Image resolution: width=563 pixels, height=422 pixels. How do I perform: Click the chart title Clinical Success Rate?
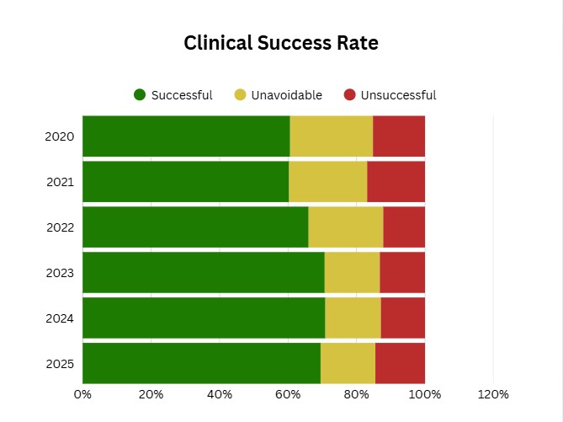click(x=281, y=44)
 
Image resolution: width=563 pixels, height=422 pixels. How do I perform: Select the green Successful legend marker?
click(x=140, y=95)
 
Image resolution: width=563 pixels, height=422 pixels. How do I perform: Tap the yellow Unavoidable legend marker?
click(x=240, y=95)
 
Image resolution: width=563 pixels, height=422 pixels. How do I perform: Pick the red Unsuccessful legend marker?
click(x=350, y=95)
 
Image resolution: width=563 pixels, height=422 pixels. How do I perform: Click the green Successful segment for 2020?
click(x=186, y=136)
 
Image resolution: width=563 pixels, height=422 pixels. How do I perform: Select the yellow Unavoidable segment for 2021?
click(x=327, y=182)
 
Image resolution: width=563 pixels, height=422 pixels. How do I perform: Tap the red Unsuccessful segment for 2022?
click(x=404, y=227)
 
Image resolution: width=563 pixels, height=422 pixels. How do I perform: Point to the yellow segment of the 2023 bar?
click(x=352, y=273)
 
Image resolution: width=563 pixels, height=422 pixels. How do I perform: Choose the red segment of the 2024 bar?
click(x=402, y=318)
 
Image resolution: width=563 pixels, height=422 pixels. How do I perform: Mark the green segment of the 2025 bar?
click(x=201, y=364)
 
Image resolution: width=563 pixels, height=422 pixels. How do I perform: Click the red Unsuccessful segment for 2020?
click(x=399, y=136)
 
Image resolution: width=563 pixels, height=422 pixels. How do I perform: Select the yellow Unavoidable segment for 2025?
click(x=348, y=364)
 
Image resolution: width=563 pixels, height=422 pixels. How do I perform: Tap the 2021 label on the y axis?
click(x=60, y=182)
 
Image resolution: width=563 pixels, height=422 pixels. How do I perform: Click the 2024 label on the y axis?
click(x=60, y=318)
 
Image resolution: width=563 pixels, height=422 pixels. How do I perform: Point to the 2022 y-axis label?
click(x=60, y=227)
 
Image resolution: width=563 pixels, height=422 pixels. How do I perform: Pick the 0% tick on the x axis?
click(x=82, y=394)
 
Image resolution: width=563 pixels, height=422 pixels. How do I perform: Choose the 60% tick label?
click(x=288, y=394)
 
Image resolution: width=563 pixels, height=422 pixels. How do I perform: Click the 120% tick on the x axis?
click(x=493, y=394)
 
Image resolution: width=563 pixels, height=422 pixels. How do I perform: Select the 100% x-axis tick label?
click(x=425, y=394)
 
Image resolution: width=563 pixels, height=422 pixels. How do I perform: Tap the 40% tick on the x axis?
click(x=220, y=394)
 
